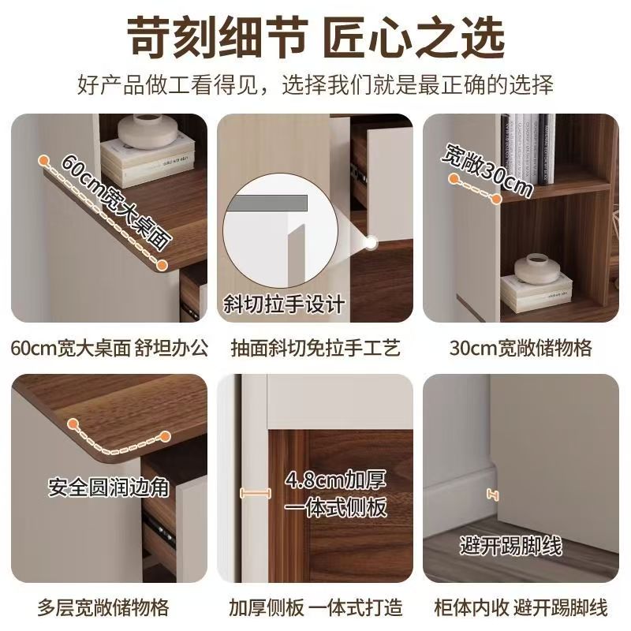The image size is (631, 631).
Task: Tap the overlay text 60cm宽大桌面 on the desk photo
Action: [x=117, y=201]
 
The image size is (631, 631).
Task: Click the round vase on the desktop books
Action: [x=147, y=131]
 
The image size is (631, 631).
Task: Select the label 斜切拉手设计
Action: [x=284, y=304]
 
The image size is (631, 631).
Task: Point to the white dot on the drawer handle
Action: [x=371, y=243]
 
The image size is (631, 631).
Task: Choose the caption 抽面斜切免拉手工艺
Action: [x=315, y=348]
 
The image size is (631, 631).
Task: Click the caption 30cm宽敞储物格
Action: [x=521, y=348]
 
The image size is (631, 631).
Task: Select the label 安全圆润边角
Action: [x=109, y=487]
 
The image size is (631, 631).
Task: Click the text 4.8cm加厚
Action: [x=335, y=480]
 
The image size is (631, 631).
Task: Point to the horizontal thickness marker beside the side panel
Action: [x=255, y=493]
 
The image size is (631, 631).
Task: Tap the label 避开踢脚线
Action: [x=510, y=546]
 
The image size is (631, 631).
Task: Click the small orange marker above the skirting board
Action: [x=492, y=495]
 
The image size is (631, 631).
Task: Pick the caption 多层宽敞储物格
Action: [x=103, y=607]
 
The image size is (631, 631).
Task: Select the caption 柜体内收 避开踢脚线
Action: [x=521, y=607]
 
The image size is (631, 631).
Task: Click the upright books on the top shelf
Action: [x=528, y=149]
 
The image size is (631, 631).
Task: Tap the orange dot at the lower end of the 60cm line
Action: [x=162, y=265]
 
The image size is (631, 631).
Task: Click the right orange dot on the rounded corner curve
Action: [x=166, y=436]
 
